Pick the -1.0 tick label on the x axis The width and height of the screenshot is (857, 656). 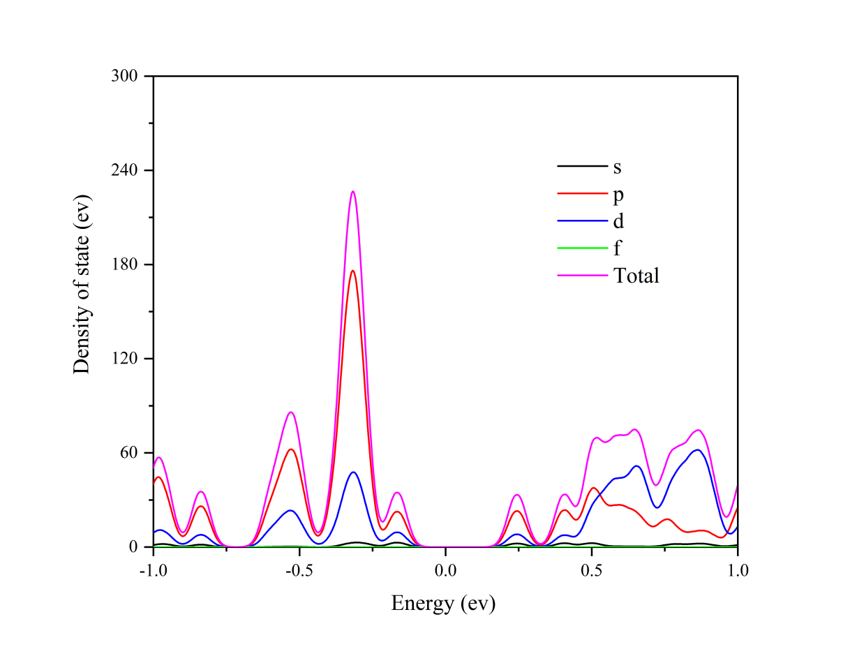(x=153, y=570)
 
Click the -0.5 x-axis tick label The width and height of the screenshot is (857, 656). (x=299, y=570)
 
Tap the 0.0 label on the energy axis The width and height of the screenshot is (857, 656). (x=445, y=570)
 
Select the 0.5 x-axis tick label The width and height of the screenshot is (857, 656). (x=591, y=570)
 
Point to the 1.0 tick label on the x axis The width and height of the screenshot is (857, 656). (x=737, y=570)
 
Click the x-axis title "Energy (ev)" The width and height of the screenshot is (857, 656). (x=443, y=603)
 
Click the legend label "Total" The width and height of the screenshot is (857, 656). (x=636, y=276)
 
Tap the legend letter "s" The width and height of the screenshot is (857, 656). (x=617, y=167)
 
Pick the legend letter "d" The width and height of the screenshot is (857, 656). (x=618, y=221)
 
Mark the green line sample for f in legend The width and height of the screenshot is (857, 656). (x=582, y=248)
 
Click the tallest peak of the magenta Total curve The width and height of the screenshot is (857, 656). (x=353, y=191)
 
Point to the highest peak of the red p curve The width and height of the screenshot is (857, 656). (x=353, y=271)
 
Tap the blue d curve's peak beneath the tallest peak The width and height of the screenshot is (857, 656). (x=354, y=472)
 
